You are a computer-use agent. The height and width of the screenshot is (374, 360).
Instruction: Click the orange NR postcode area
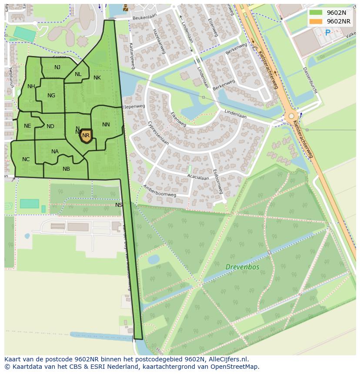tap(86, 136)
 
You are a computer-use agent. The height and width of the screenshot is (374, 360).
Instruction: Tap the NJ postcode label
tap(57, 67)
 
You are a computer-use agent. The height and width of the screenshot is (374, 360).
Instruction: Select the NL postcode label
tap(78, 74)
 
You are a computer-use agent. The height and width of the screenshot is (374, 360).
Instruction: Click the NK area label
tap(97, 78)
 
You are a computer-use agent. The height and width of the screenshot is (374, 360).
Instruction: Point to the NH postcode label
tap(31, 86)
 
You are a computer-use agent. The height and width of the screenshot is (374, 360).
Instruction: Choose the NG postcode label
tap(51, 96)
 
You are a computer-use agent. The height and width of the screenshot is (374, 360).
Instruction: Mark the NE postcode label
tap(27, 126)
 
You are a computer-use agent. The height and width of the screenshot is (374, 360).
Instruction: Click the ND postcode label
tap(50, 126)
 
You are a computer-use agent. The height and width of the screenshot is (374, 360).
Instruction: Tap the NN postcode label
tap(106, 125)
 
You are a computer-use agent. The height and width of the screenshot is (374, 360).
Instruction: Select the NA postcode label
tap(55, 152)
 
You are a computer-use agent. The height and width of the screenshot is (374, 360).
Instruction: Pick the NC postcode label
tap(26, 159)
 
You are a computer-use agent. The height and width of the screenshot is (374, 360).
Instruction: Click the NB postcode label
tap(66, 169)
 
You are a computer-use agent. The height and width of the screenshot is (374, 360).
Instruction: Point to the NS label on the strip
tap(119, 205)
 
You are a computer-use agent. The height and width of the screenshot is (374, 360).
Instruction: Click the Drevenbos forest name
tap(242, 267)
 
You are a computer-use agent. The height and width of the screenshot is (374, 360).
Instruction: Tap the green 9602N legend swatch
tap(316, 13)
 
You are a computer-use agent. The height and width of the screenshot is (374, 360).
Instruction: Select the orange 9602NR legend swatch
tap(316, 21)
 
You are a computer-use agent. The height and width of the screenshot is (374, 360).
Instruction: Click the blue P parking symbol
tap(327, 33)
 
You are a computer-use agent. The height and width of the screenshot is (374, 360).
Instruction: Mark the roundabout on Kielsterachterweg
tap(290, 116)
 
